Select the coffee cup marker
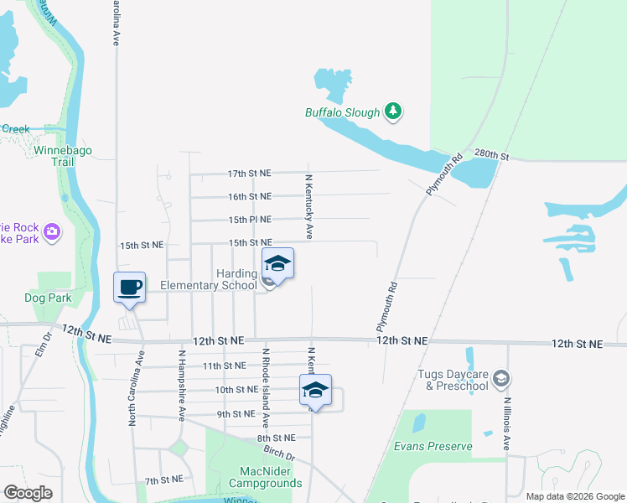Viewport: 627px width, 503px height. click(x=130, y=288)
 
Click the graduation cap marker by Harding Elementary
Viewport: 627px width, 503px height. click(x=278, y=264)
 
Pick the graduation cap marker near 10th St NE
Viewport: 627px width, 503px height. click(x=315, y=390)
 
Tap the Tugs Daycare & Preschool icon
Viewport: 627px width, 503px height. click(x=500, y=379)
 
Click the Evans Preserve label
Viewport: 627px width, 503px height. click(x=433, y=446)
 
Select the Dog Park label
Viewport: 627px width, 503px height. click(x=49, y=298)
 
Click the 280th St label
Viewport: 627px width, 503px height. click(x=491, y=155)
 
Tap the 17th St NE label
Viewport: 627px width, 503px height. click(x=250, y=174)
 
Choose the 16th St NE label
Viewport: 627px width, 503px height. click(x=250, y=196)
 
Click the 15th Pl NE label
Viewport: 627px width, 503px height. click(x=250, y=220)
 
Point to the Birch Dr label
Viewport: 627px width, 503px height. click(x=278, y=454)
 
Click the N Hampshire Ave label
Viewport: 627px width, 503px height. click(x=181, y=385)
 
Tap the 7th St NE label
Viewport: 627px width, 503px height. click(x=163, y=481)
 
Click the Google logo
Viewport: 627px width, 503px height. click(x=28, y=493)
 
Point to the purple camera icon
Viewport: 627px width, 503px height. click(x=52, y=231)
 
